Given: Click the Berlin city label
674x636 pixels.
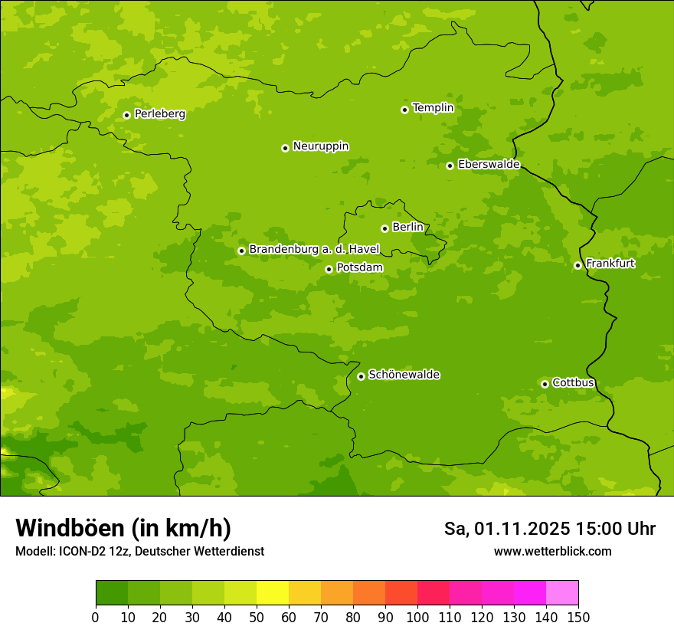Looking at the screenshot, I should point(407,228).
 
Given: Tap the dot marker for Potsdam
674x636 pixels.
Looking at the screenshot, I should point(329,269).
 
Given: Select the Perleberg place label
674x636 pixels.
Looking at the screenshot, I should point(159,114).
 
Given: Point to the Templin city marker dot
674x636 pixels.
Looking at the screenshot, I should point(404,110).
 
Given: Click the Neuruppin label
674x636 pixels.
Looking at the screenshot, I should point(320,146).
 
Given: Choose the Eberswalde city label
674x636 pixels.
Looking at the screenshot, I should point(489,165).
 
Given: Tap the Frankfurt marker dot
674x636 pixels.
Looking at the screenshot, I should point(577,265).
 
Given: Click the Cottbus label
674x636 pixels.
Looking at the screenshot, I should point(573,383).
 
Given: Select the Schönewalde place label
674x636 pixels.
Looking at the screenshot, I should point(404,375).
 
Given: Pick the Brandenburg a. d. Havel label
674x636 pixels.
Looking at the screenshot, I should point(314,250).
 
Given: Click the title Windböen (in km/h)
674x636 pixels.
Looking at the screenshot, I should point(123,528).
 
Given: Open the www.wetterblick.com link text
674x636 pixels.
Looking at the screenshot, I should point(552,551).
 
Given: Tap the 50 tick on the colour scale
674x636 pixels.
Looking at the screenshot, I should point(257,617).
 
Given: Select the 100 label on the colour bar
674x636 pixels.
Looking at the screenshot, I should point(417,617).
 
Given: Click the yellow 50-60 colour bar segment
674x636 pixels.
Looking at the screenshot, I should point(273,593).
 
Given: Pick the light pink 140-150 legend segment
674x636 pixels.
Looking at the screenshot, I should point(562,593).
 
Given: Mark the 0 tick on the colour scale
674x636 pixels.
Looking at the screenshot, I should point(96,617).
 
